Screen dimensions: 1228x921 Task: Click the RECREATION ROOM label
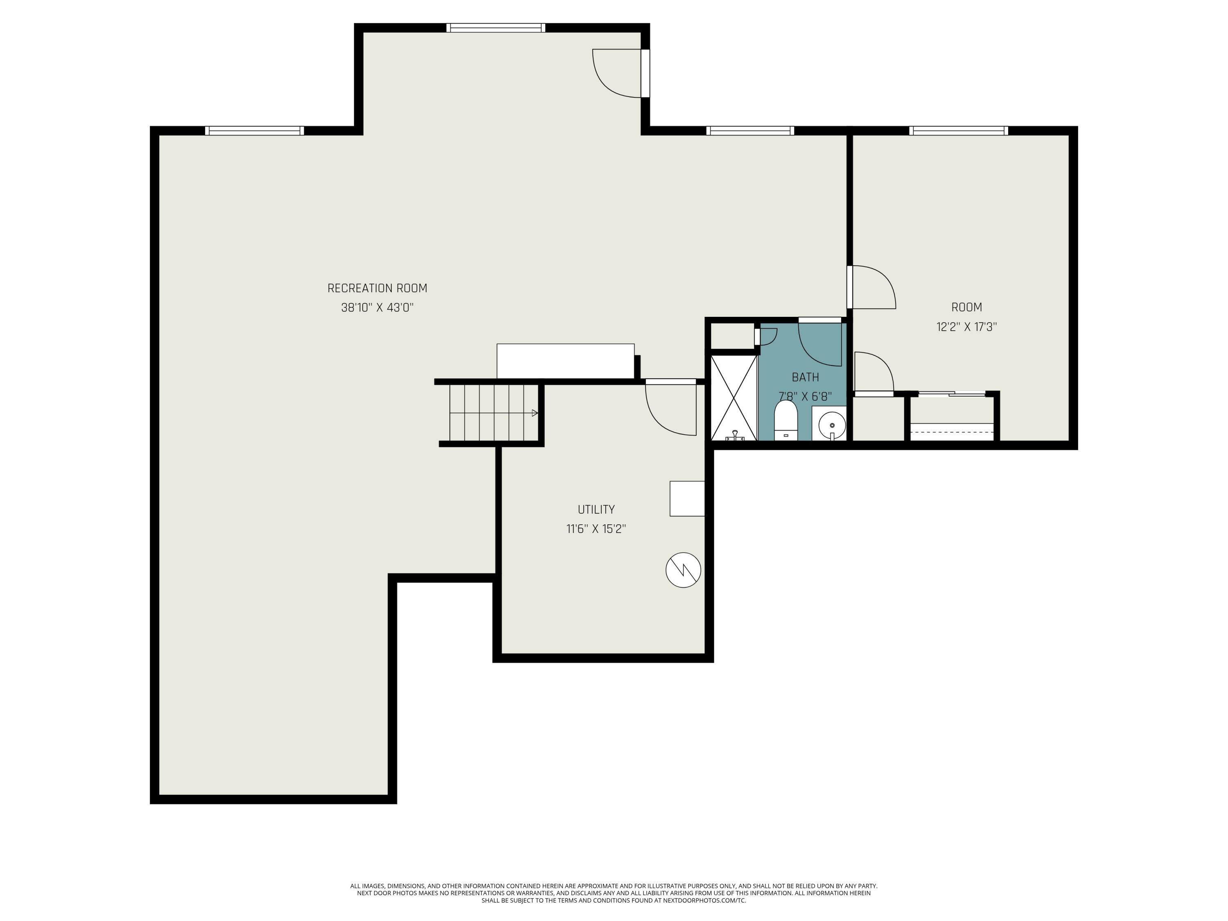click(x=377, y=288)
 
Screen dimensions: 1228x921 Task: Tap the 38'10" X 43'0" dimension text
click(x=377, y=307)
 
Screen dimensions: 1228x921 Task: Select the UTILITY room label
click(x=596, y=509)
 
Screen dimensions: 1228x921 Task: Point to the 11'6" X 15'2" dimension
click(x=596, y=528)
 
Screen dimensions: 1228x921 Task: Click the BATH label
click(x=806, y=377)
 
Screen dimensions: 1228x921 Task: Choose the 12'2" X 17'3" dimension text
click(x=966, y=326)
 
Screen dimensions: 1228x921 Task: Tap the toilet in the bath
click(x=786, y=420)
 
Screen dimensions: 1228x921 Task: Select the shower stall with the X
click(x=734, y=397)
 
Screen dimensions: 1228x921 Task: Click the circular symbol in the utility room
click(x=684, y=570)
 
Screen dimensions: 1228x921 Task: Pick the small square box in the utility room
click(x=687, y=499)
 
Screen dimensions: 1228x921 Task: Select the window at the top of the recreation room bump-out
click(x=496, y=28)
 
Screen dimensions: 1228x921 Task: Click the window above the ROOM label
click(x=958, y=131)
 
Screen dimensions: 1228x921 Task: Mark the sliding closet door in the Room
click(x=952, y=394)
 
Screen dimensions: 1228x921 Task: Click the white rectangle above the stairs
click(x=565, y=361)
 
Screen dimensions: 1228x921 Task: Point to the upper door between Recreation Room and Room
click(x=871, y=287)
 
